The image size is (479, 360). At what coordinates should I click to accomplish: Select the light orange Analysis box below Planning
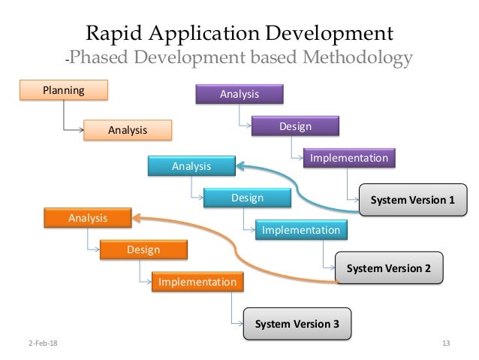tap(127, 130)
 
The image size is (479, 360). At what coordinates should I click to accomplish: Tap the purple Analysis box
tap(239, 94)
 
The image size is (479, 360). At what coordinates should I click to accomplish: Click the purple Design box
tap(295, 126)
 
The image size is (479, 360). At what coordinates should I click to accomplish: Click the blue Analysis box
tap(191, 165)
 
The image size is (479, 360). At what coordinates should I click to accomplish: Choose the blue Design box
tap(246, 198)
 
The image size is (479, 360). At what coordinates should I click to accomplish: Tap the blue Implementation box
tap(301, 230)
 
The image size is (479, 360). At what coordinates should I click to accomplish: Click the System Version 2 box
tap(388, 267)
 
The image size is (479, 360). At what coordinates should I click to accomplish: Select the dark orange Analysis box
tap(88, 218)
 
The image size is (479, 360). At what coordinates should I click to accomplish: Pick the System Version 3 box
tap(297, 325)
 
